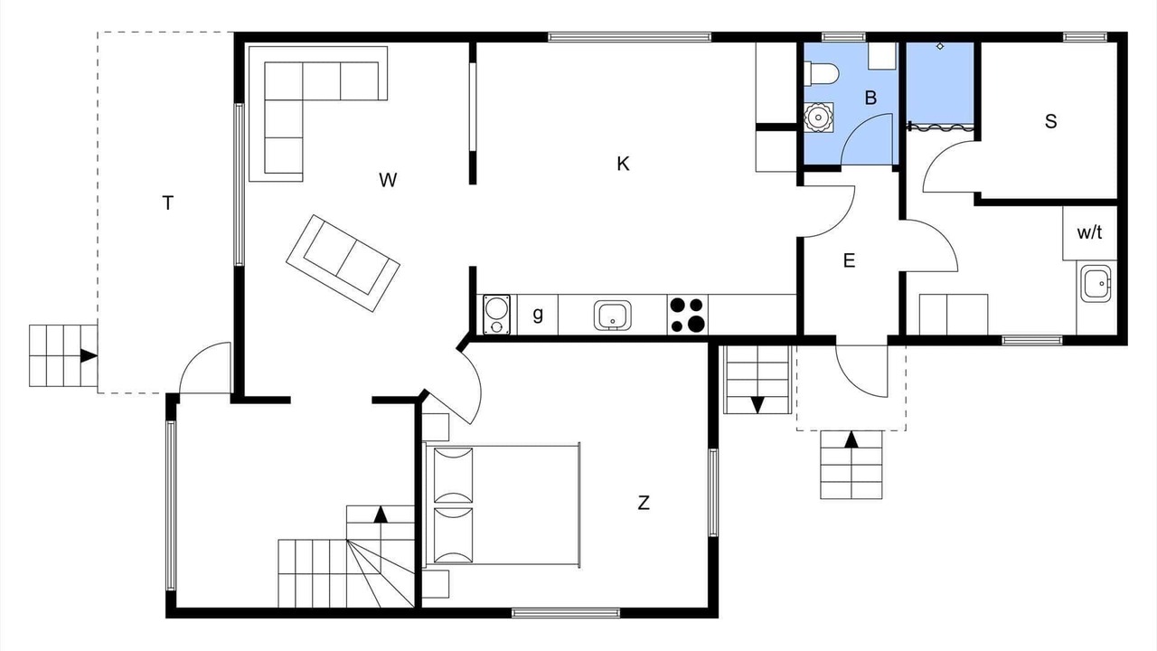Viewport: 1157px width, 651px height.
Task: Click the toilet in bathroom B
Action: coord(821,73)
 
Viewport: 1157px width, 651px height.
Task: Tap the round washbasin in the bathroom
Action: coord(819,118)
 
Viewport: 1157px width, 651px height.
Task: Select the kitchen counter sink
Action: coord(613,316)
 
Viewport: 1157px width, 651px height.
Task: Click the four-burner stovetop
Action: coord(688,315)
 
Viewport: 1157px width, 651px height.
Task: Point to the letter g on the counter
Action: coord(538,314)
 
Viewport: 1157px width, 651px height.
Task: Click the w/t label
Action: coord(1089,232)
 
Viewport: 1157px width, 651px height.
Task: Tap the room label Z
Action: coord(644,503)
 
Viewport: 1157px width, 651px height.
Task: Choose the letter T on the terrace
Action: coord(167,203)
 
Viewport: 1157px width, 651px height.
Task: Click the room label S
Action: coord(1050,121)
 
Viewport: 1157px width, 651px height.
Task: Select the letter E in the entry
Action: coord(849,260)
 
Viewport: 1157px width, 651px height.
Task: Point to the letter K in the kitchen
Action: coord(623,164)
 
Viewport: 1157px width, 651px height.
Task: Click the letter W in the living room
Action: coord(388,180)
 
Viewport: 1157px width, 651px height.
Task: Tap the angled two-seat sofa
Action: coord(343,263)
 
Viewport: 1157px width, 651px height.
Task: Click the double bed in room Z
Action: coord(502,505)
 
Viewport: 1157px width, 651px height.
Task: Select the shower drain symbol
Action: coord(940,46)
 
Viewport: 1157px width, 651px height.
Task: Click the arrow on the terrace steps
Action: coord(89,356)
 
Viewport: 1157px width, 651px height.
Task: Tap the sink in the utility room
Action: coord(1096,284)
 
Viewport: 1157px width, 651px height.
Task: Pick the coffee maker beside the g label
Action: coord(496,315)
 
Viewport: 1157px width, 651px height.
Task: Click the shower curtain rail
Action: coord(941,126)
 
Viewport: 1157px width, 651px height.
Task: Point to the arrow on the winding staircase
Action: coord(381,514)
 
